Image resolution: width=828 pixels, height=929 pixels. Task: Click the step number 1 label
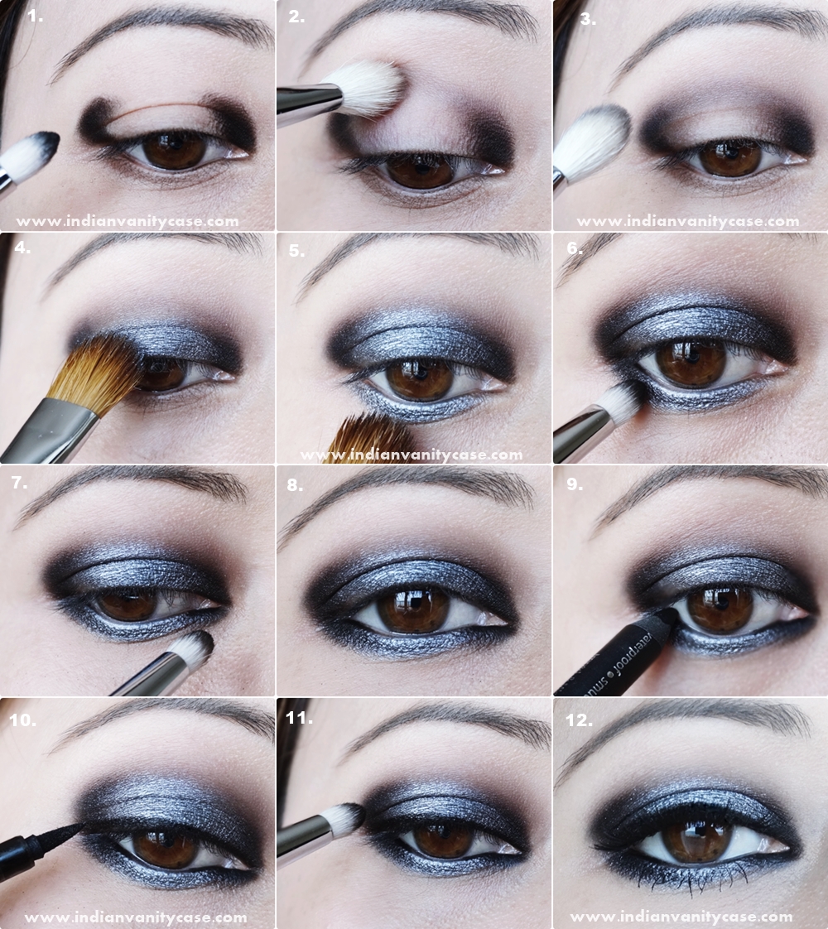[x=35, y=15]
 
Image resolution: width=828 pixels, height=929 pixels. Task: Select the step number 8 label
[x=296, y=484]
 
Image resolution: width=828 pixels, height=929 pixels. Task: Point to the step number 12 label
[x=578, y=720]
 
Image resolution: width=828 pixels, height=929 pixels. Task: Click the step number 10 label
[x=22, y=720]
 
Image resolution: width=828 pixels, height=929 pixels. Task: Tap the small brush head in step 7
[x=192, y=648]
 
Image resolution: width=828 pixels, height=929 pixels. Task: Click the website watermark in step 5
[x=412, y=455]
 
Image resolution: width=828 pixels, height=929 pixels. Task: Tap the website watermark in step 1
[x=127, y=221]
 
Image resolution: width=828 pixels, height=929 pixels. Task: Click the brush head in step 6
[x=619, y=402]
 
